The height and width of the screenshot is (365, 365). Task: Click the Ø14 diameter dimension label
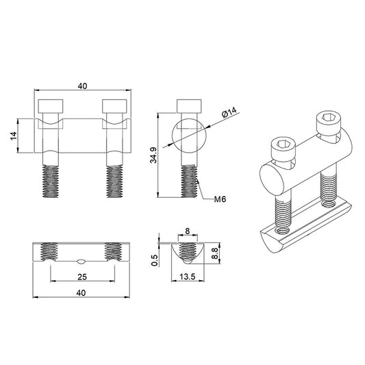click(x=229, y=112)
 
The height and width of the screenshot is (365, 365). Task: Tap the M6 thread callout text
click(x=220, y=199)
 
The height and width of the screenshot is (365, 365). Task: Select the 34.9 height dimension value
click(x=153, y=155)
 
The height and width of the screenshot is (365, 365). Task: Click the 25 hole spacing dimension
click(x=82, y=277)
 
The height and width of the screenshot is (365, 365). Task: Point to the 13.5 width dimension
click(x=188, y=277)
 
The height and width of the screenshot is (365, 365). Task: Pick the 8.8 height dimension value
click(x=214, y=253)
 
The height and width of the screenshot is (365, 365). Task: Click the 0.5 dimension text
click(x=154, y=260)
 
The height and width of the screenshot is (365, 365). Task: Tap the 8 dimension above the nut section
click(x=188, y=231)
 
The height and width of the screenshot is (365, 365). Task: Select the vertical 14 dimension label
click(x=14, y=136)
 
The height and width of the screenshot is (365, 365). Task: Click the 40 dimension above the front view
click(x=82, y=86)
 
